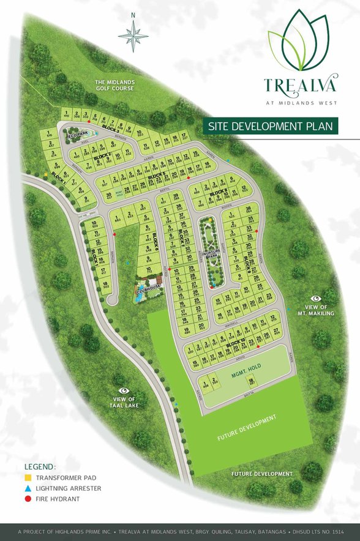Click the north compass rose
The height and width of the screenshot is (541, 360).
(133, 34)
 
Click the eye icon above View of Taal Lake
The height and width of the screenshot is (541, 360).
(124, 389)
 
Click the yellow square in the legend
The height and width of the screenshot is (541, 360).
(28, 477)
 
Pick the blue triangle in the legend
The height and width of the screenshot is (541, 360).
(28, 488)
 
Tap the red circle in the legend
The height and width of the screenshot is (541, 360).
(28, 499)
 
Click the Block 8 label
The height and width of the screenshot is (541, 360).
(219, 194)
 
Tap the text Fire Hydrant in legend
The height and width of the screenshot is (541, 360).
(58, 499)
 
